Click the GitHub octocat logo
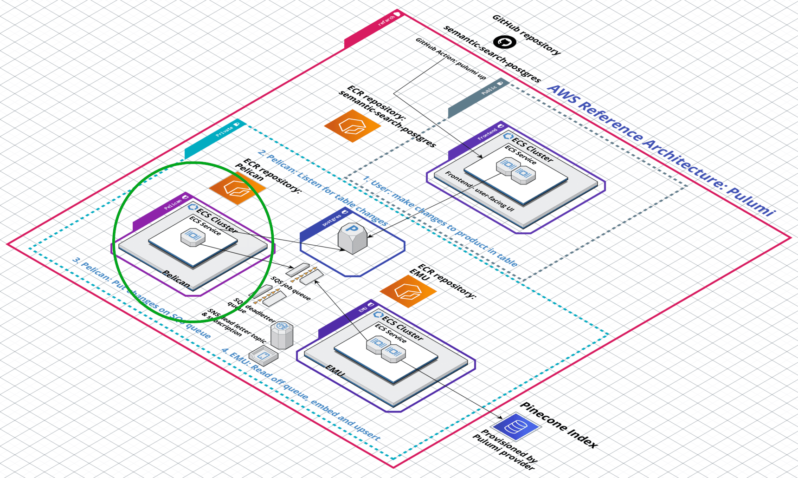coord(504,42)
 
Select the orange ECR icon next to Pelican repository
coord(237,188)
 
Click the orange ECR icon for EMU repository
coord(408,291)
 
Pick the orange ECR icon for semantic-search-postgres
coord(352,125)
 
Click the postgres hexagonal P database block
coord(353,238)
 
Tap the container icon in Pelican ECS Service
coord(193,237)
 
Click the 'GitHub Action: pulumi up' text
coord(450,59)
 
